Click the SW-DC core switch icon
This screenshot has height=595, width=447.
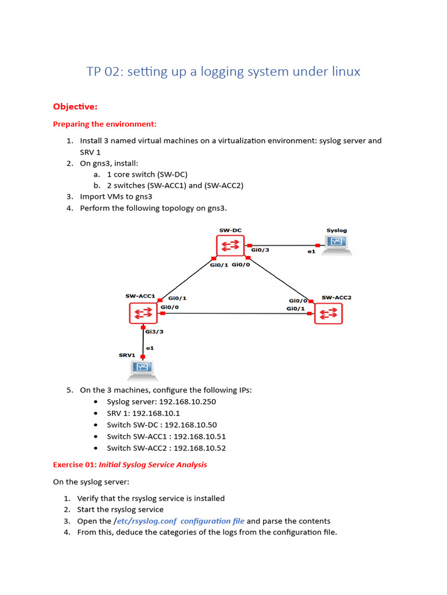point(230,246)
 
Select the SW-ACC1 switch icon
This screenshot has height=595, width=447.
point(143,314)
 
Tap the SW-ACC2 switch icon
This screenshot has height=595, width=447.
point(329,314)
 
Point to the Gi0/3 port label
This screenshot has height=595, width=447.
point(260,250)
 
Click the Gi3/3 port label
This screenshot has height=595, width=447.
point(154,332)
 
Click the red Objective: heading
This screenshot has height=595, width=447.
point(75,106)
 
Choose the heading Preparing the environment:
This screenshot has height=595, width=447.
point(105,124)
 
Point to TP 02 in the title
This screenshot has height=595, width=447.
point(103,71)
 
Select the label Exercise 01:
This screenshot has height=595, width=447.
point(74,464)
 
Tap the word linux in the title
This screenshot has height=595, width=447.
point(343,71)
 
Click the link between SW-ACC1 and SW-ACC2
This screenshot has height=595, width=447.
point(239,314)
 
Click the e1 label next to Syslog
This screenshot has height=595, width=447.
point(311,252)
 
